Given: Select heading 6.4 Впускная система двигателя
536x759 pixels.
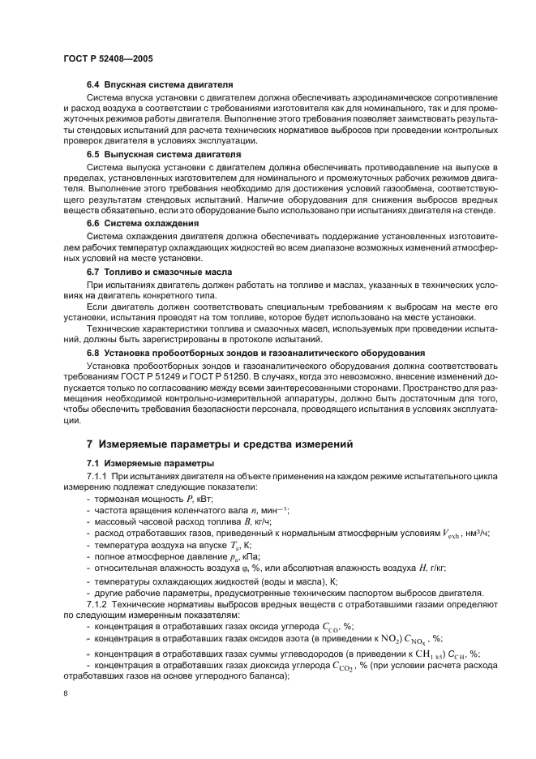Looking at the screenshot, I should pyautogui.click(x=161, y=84).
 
